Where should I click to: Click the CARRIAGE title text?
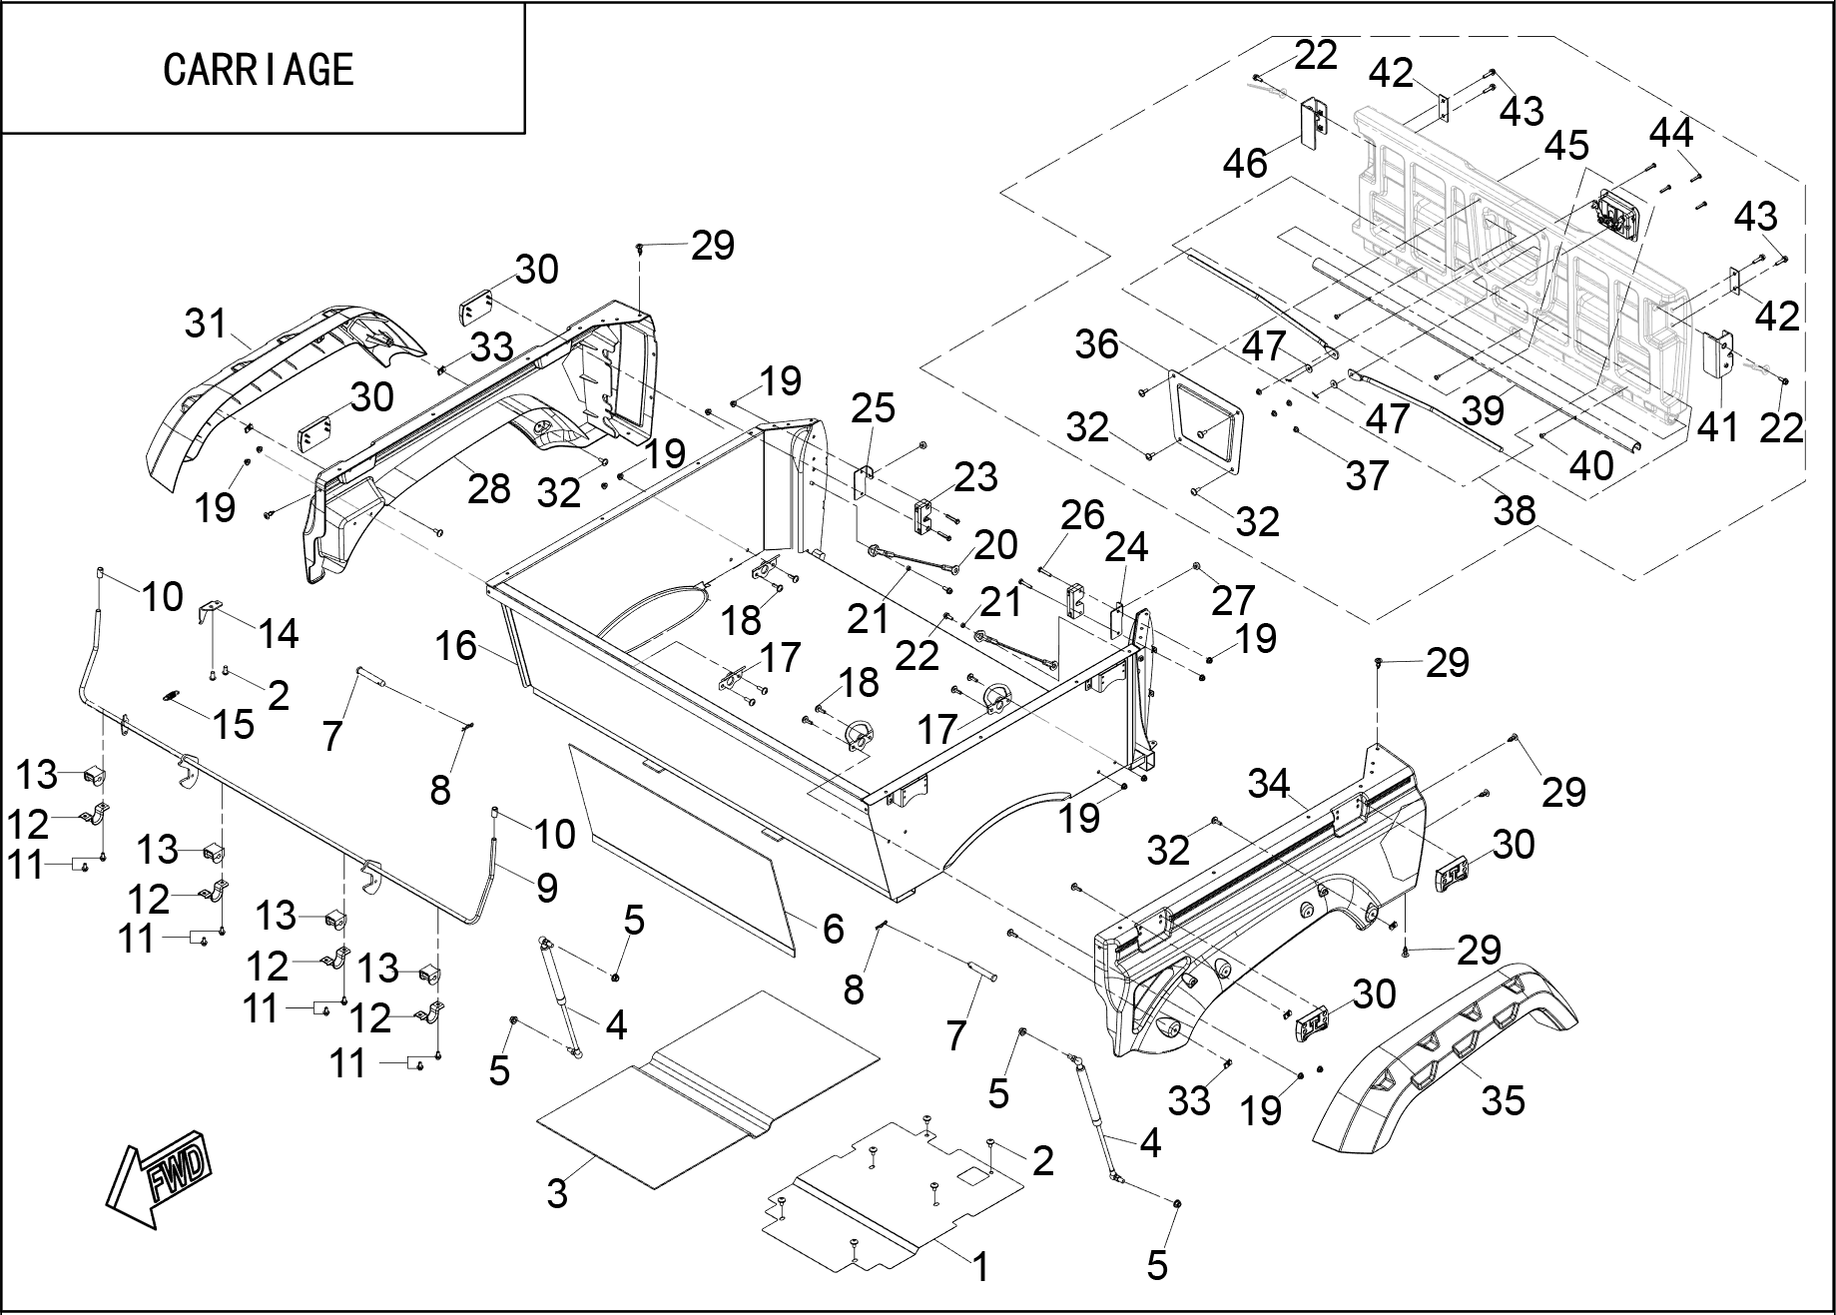pos(259,69)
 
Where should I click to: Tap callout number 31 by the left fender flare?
pos(206,324)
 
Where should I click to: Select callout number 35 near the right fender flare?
pos(1503,1100)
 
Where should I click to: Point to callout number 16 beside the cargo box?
pos(455,646)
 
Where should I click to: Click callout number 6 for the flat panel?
pos(833,929)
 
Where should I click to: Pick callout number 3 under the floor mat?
pos(557,1192)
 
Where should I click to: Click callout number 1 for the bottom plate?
pos(980,1267)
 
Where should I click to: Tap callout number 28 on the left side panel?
pos(488,488)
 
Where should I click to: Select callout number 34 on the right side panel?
pos(1269,784)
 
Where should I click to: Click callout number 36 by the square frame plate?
pos(1096,344)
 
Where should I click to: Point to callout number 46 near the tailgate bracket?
pos(1245,162)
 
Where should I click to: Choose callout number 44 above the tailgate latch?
pos(1670,132)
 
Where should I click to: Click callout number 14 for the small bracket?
pos(278,633)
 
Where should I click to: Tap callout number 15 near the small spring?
pos(234,724)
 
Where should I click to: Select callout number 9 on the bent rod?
pos(546,888)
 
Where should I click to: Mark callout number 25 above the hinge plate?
pos(873,408)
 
